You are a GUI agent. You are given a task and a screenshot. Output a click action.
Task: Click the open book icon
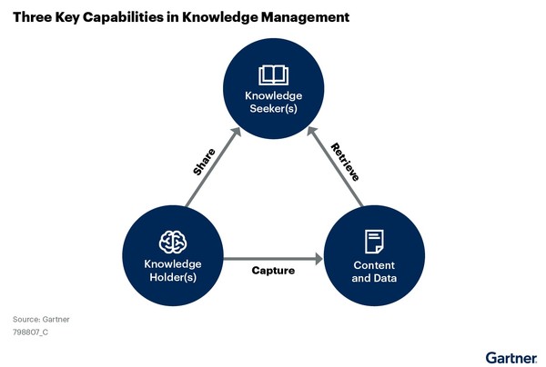(x=273, y=74)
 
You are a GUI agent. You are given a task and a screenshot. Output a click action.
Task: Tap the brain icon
(x=172, y=241)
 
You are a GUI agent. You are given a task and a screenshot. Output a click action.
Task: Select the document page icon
(x=373, y=241)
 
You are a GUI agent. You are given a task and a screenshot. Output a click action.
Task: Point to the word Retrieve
(x=347, y=161)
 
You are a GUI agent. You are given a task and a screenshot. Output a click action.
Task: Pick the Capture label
(x=273, y=271)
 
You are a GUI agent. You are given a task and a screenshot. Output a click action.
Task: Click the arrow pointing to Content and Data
(x=273, y=259)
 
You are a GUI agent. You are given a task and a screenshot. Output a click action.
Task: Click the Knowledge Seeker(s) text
(x=273, y=104)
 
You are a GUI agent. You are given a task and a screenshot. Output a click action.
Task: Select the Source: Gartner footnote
(x=41, y=320)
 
